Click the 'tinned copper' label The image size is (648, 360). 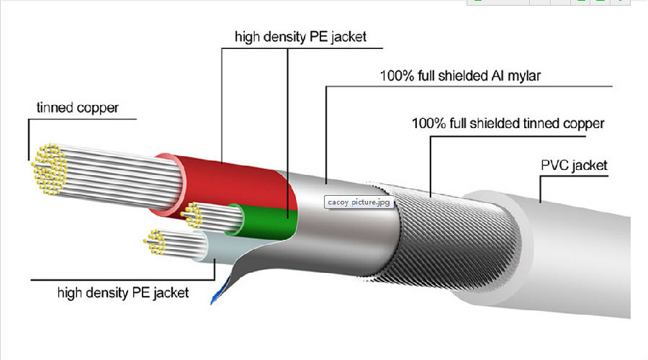[x=78, y=108]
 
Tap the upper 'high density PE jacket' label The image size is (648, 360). [x=300, y=37]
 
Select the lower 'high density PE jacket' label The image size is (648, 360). [x=123, y=293]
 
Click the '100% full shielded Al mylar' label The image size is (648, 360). [x=460, y=76]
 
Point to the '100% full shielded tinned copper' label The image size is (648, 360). [x=508, y=123]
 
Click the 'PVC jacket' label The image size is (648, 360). [x=574, y=166]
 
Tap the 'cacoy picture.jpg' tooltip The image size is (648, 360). [x=359, y=202]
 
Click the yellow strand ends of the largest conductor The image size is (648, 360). [x=49, y=169]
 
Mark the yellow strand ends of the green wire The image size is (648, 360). [x=192, y=215]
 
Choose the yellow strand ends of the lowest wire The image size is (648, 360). [x=155, y=242]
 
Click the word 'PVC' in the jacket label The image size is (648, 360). [x=554, y=166]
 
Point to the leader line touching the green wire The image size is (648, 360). [x=287, y=133]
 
